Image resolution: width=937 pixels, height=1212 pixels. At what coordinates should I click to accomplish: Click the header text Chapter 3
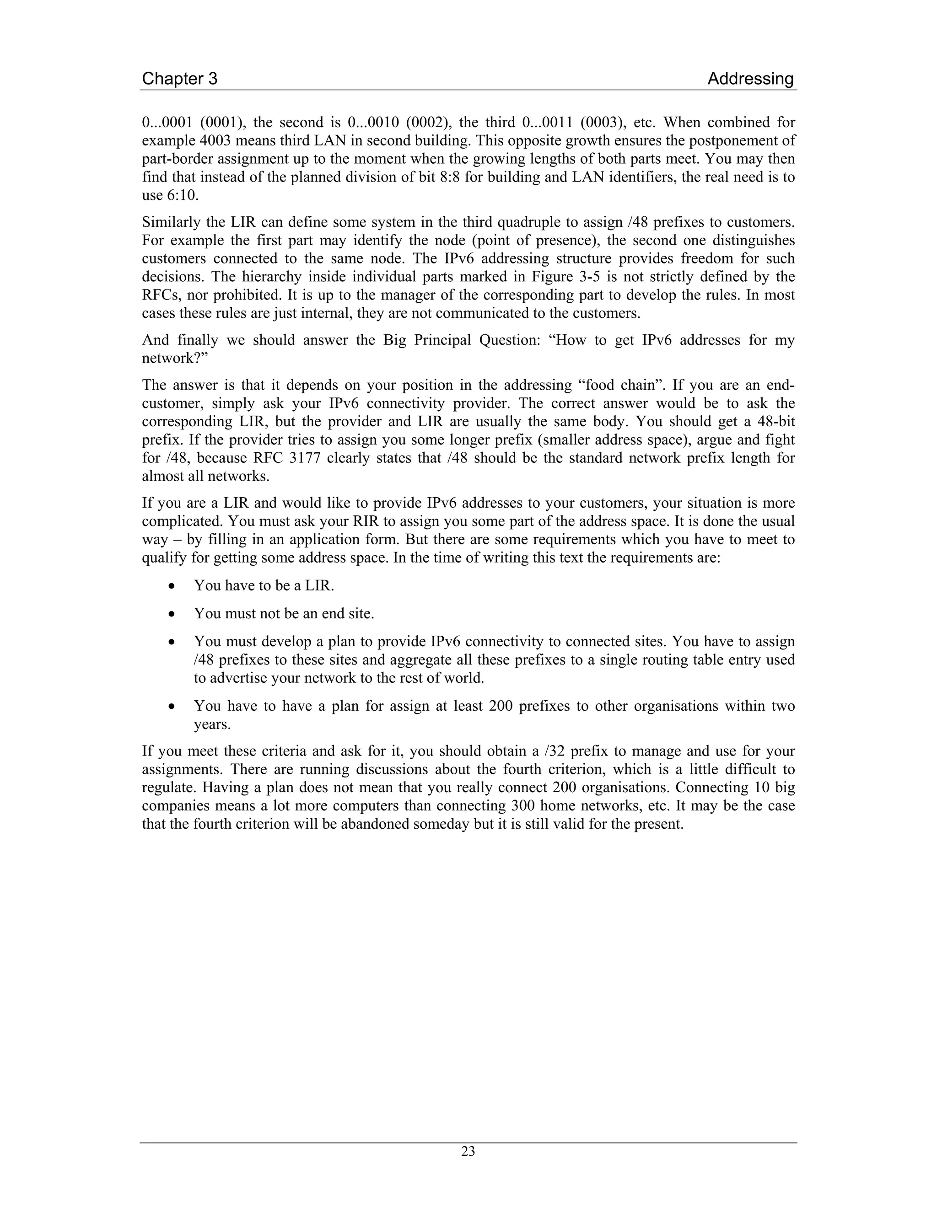coord(179,79)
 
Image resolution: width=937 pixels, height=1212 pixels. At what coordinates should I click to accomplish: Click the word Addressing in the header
coord(750,79)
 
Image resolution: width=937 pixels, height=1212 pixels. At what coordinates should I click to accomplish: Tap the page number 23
coord(468,1152)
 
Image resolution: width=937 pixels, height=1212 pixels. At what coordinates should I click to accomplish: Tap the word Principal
coord(442,340)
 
